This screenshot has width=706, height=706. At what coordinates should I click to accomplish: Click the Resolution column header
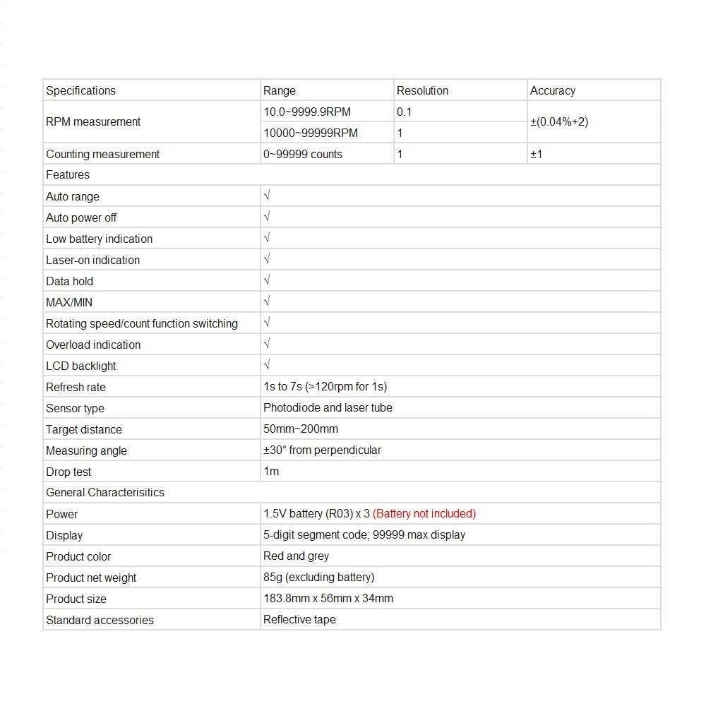click(422, 90)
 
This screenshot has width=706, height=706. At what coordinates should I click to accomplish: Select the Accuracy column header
click(552, 90)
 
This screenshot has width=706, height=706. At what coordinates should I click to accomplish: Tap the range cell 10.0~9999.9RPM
click(307, 112)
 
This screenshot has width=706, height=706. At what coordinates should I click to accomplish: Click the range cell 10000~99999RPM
click(311, 133)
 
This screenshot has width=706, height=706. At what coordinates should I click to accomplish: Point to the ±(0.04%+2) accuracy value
click(559, 121)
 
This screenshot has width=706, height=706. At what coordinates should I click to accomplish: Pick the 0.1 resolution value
click(404, 112)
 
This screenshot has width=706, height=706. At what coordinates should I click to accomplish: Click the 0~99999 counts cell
click(303, 154)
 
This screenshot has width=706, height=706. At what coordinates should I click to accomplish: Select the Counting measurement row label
click(103, 154)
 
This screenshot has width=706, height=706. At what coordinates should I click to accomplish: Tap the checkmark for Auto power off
click(267, 217)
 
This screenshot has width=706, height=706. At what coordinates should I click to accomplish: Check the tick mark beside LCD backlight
click(267, 365)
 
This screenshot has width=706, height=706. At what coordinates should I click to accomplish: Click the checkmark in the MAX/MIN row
click(267, 301)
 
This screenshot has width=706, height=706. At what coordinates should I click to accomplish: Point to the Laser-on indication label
click(93, 260)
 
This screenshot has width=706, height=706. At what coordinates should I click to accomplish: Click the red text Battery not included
click(424, 513)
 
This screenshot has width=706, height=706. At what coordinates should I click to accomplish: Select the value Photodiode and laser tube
click(328, 407)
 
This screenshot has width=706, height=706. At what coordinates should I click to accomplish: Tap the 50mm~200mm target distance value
click(301, 429)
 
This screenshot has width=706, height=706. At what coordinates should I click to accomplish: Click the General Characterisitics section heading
click(105, 492)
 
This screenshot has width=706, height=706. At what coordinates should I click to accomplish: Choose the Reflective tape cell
click(299, 619)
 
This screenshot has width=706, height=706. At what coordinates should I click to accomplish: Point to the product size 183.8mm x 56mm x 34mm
click(328, 598)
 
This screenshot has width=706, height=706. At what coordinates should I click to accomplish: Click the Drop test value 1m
click(271, 471)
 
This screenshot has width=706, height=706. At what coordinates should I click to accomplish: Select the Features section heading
click(68, 174)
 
